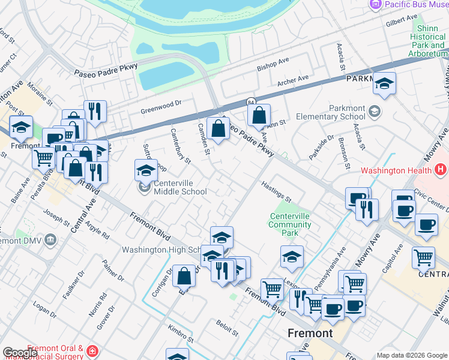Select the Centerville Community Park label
coord(290,220)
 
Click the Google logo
coord(20,353)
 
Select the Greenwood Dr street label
coord(160,107)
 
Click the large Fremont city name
coord(310,333)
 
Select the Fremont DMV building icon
coord(50,240)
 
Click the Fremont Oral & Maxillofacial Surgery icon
coord(92,350)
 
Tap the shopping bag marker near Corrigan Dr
coord(184,276)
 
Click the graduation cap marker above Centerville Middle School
coord(146,170)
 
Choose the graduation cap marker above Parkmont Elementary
coord(384,85)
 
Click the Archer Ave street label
coord(292,80)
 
